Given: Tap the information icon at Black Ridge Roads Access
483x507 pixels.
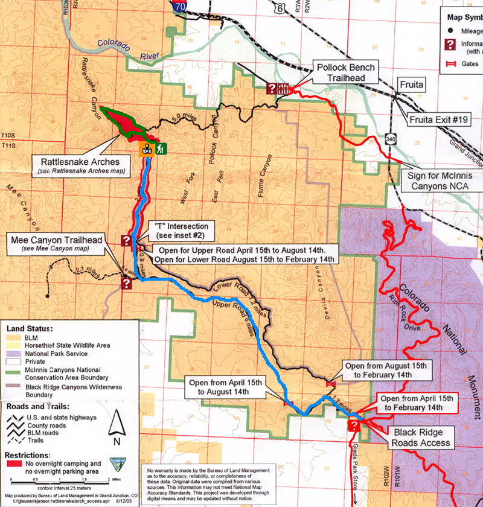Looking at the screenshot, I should tap(354, 426).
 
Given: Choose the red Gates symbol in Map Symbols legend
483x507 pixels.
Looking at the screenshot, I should tap(450, 63).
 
